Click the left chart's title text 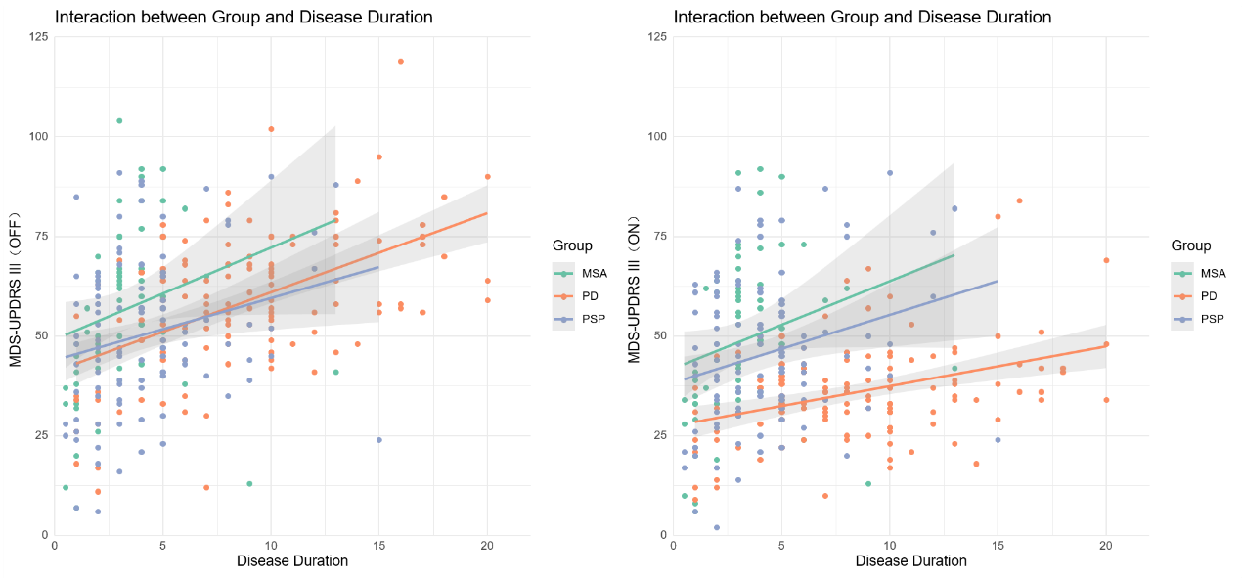(x=244, y=18)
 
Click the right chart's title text (x=863, y=18)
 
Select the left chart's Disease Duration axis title (x=292, y=561)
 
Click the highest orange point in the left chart (x=400, y=62)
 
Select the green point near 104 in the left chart (x=119, y=121)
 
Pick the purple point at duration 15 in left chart (x=378, y=440)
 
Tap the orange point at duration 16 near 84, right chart (x=1019, y=200)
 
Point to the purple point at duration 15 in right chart (x=998, y=440)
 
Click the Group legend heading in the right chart (x=1191, y=245)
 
